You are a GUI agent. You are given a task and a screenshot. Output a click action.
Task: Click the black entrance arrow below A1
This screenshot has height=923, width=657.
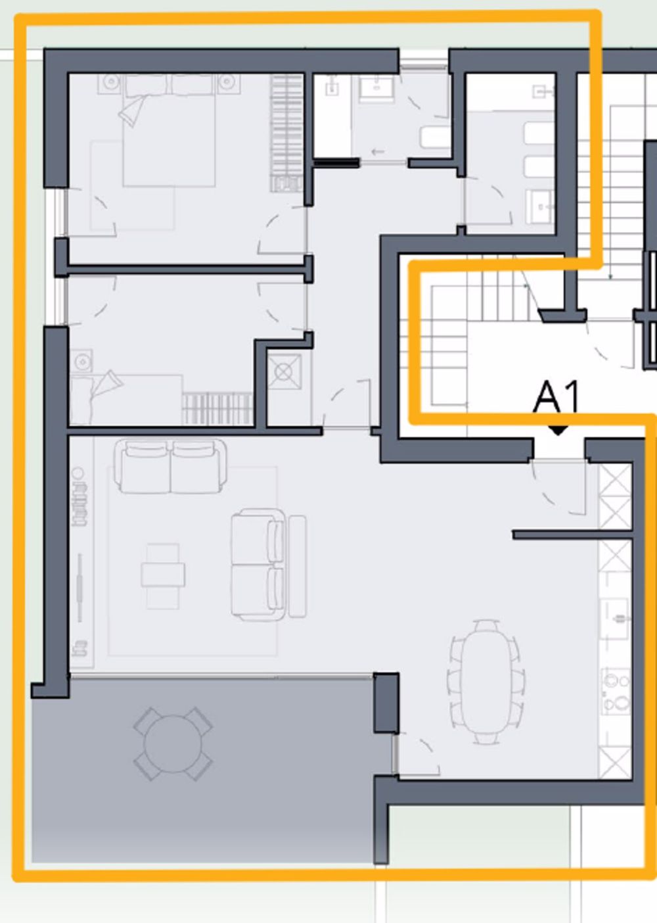558,431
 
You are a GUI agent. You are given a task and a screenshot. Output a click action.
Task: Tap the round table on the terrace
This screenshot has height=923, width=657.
173,744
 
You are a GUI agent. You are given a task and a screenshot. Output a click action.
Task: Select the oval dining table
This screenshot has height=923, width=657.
486,681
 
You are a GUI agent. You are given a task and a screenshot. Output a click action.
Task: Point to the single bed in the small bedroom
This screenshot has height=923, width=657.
125,400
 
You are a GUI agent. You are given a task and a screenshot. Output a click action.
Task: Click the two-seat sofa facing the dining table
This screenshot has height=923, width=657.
258,564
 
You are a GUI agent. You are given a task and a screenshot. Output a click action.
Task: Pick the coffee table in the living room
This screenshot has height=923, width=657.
162,575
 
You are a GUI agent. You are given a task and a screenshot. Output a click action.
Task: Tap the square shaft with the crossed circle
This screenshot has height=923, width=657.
284,372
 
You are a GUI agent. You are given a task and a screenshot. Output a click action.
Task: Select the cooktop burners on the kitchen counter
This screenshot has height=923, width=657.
616,692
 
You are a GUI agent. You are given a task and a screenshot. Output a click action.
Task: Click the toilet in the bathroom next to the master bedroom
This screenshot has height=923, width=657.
433,139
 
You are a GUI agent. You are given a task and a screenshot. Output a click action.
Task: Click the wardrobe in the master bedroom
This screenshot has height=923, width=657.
286,131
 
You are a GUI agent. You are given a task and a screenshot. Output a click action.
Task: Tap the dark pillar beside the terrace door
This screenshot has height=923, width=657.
386,702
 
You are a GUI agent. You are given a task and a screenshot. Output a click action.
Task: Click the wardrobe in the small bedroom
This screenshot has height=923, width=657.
217,409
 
